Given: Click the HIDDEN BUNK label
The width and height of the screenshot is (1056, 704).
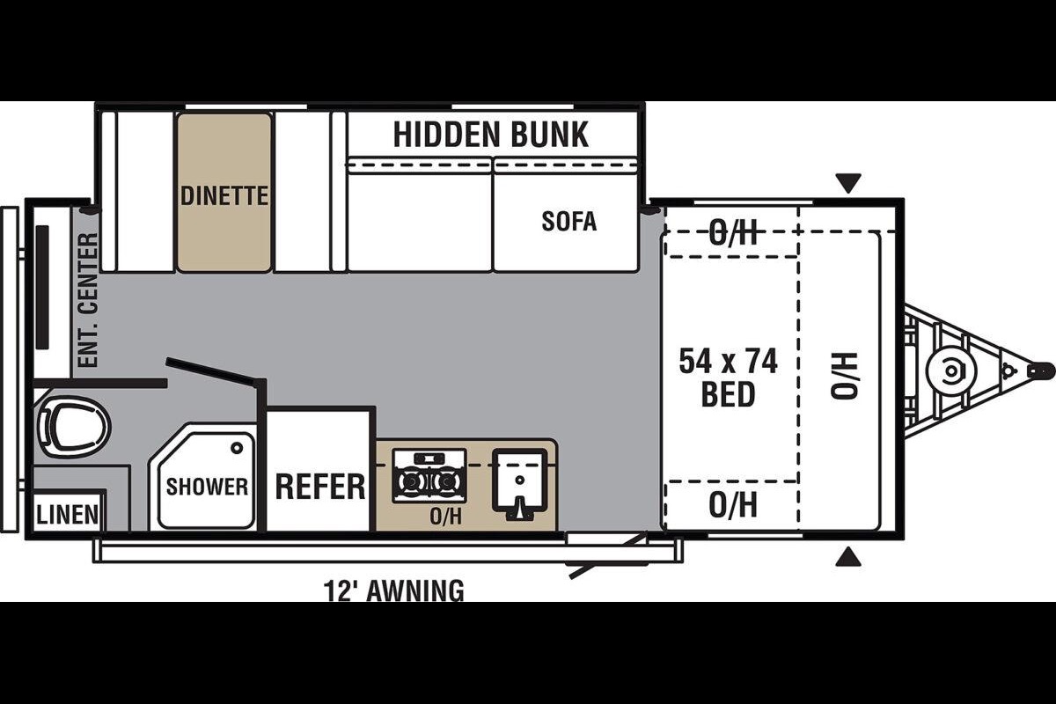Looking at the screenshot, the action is pos(491,135).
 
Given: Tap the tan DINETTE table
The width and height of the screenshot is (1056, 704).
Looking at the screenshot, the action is pos(224,193).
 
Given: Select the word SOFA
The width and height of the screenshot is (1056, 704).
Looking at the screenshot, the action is pos(569,221).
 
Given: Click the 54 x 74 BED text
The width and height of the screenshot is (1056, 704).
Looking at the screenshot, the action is pos(728,378).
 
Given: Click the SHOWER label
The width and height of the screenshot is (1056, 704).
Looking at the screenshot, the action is pos(207,487).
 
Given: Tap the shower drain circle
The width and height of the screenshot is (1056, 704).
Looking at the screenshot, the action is pos(237,448).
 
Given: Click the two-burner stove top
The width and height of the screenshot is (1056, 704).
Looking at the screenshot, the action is pos(429,475).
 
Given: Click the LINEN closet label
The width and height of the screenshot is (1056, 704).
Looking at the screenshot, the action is pos(68,515).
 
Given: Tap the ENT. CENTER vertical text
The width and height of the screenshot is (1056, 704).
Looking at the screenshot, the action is pos(88,299).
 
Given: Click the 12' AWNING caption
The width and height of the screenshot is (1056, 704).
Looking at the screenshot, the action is pos(393,590).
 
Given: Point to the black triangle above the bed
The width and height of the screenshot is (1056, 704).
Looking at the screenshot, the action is pos(848,183).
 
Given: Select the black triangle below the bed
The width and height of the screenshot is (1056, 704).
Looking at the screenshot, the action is pos(848,556).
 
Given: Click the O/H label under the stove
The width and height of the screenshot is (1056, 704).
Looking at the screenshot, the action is pos(445,517).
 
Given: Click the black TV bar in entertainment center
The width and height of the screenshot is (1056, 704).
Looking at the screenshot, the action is pos(43,288).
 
